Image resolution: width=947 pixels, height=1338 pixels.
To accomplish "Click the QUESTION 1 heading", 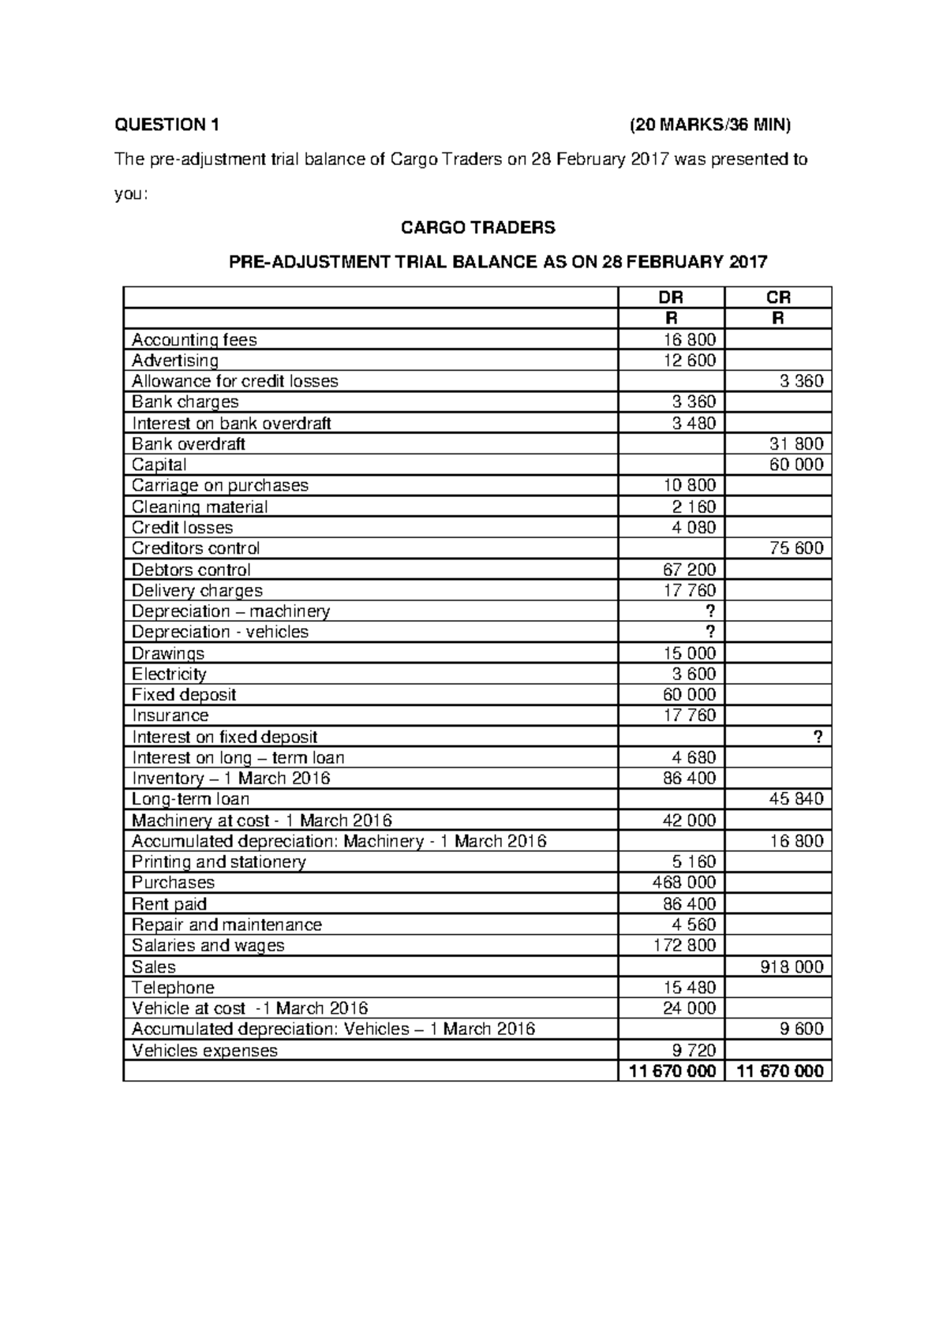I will (x=167, y=125).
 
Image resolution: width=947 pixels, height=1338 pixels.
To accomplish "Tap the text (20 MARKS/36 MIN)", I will (x=709, y=125).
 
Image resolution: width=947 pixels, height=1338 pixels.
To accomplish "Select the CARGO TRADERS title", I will (x=477, y=228).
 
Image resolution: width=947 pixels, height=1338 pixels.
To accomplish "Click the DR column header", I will (x=671, y=297).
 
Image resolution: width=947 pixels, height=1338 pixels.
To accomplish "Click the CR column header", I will (x=778, y=297).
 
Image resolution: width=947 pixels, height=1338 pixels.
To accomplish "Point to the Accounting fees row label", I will (x=194, y=340).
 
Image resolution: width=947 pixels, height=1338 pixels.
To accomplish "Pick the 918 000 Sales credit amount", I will (x=792, y=966).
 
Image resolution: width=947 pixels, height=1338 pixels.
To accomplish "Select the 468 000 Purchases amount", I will (x=684, y=883).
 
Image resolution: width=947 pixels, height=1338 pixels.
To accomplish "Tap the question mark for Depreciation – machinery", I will (x=711, y=611).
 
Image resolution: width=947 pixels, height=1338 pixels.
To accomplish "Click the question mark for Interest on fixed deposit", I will (x=818, y=737).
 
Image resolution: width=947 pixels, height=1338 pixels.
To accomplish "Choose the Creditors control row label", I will (x=196, y=548).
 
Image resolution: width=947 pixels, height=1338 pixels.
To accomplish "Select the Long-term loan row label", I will (x=190, y=799).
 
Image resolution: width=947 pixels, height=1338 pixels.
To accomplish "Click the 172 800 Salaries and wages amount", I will (x=684, y=945).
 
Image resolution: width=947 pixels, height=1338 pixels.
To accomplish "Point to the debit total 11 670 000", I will (x=672, y=1071).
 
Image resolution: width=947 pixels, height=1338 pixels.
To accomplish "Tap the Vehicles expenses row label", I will (x=204, y=1050).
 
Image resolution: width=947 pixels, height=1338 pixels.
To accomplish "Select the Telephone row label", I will (x=173, y=987).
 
